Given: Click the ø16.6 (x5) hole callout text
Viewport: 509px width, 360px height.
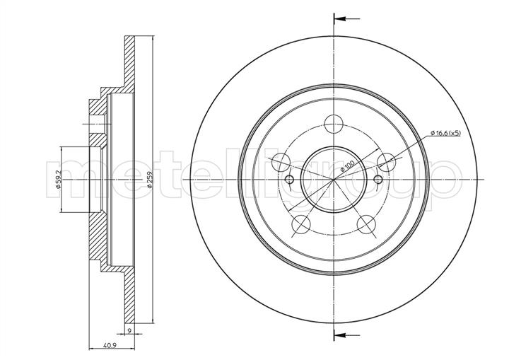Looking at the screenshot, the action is click(445, 133).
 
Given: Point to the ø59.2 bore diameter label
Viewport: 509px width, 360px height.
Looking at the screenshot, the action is click(59, 180).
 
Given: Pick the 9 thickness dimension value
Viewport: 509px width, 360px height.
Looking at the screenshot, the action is click(129, 330).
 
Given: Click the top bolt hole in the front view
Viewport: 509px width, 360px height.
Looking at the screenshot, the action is click(334, 124).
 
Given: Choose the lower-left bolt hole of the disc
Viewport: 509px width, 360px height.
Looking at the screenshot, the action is click(300, 224).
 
